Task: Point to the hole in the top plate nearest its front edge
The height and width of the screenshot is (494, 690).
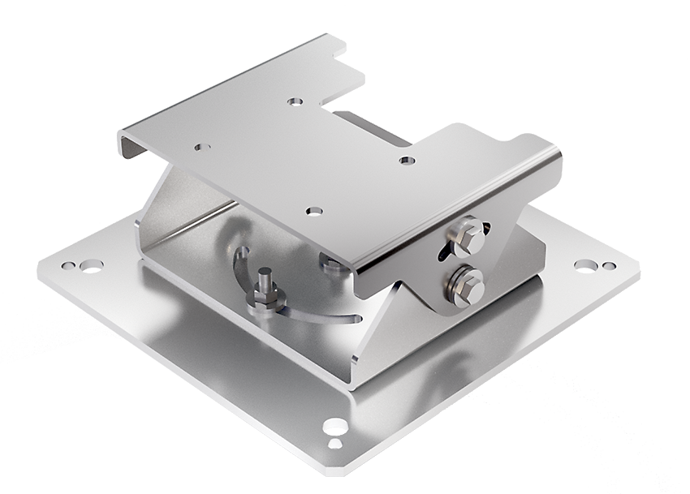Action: pyautogui.click(x=314, y=211)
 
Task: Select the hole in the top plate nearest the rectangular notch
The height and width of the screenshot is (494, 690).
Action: pyautogui.click(x=295, y=101)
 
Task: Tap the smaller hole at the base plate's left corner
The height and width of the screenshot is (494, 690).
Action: pyautogui.click(x=67, y=265)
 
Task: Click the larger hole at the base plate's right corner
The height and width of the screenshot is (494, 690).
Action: pyautogui.click(x=584, y=264)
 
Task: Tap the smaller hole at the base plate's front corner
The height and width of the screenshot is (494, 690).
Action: pyautogui.click(x=334, y=444)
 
